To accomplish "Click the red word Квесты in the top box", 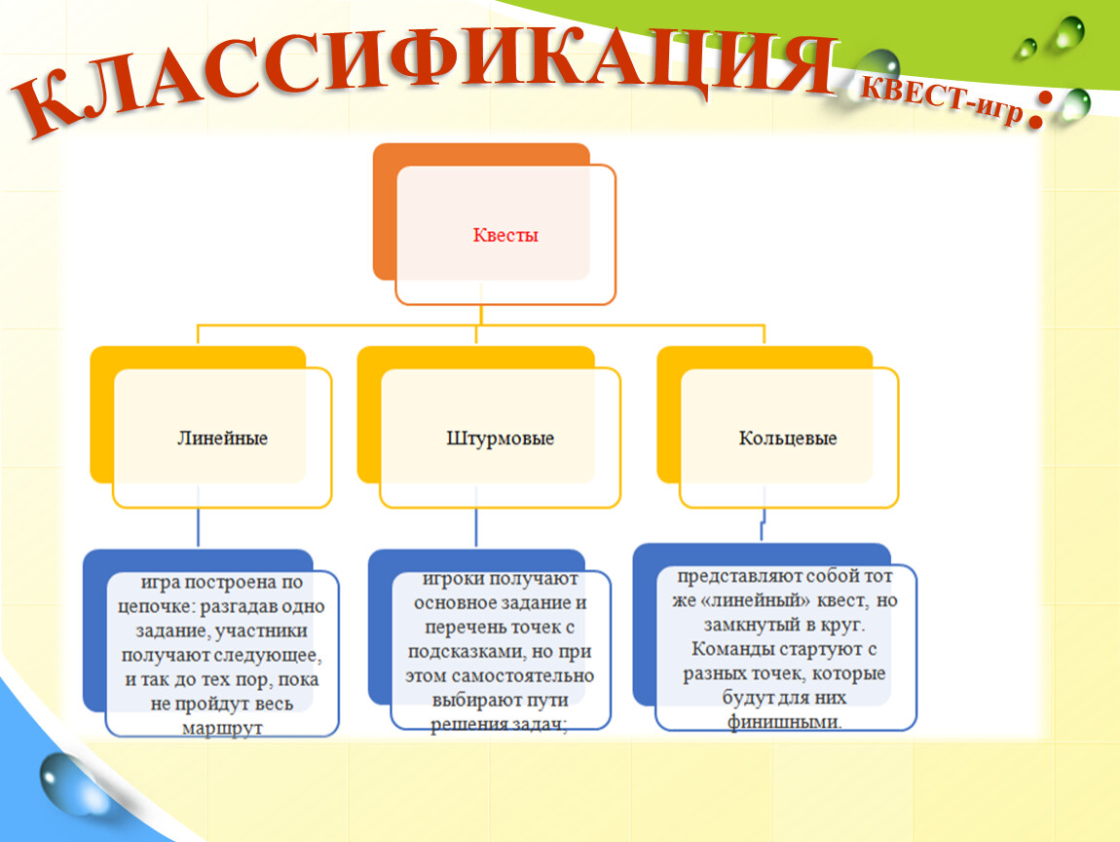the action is point(505,235).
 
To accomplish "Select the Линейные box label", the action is point(222,439).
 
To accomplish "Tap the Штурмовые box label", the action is point(500,439).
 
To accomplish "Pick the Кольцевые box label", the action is point(787,439).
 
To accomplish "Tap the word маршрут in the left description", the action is point(222,728).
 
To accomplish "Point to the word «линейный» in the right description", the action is point(752,600).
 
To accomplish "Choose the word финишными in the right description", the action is point(784,722).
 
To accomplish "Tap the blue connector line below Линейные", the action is point(198,527).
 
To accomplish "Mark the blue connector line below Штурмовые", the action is point(475,527).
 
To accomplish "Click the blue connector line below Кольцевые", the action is point(763,524).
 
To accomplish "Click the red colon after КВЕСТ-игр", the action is point(1035,114).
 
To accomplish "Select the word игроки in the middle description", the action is point(451,579).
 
